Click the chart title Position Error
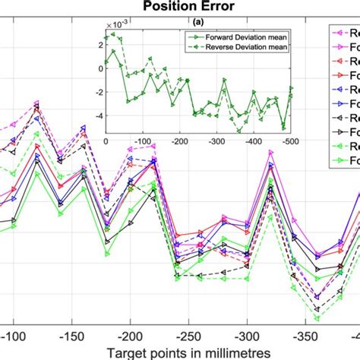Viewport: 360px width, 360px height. pos(179,8)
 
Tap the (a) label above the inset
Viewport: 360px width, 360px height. pos(197,23)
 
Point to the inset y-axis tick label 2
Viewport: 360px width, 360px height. pos(101,43)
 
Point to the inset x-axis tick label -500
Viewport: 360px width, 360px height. pos(289,141)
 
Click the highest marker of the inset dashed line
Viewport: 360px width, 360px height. pos(113,34)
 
